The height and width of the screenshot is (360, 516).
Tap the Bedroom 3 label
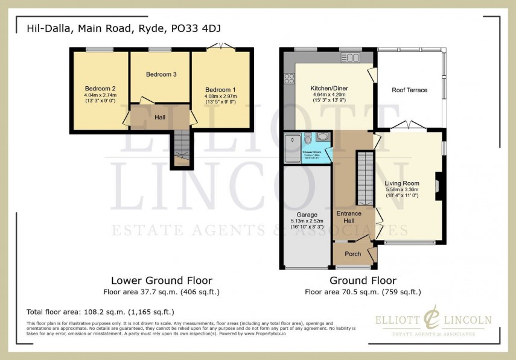point(161,75)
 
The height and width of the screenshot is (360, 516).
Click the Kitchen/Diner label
point(330,88)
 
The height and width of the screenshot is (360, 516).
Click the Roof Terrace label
point(409,90)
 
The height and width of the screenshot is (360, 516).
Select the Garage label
point(307,214)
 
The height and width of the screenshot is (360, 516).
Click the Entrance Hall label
point(349,218)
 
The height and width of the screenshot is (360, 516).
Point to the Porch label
point(352,254)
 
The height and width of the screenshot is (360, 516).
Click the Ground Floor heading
point(363,280)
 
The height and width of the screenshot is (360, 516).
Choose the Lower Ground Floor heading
point(161,280)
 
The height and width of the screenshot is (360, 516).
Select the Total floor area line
point(100,312)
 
